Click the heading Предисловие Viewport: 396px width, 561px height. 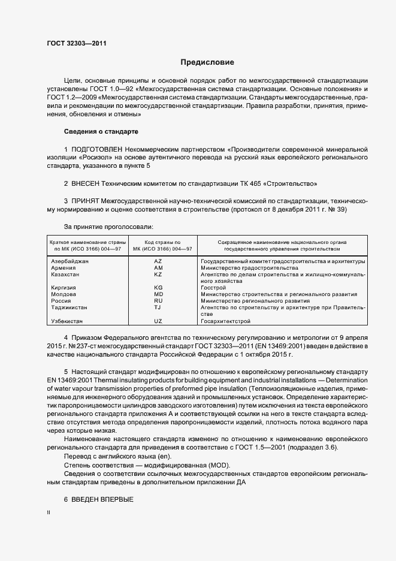[207, 62]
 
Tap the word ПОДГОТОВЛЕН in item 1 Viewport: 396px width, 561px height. [97, 148]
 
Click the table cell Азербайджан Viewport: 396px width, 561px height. [70, 261]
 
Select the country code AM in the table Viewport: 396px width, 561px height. [158, 268]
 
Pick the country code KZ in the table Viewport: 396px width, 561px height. [158, 275]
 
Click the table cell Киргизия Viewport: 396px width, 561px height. [64, 288]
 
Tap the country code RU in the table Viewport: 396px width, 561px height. [158, 301]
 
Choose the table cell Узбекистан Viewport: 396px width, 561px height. [68, 321]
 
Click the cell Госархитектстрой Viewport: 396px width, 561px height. [225, 321]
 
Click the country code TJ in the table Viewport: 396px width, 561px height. [158, 307]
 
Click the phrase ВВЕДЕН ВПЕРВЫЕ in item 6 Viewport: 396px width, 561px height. [102, 499]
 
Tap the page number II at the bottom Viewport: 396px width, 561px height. [49, 514]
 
